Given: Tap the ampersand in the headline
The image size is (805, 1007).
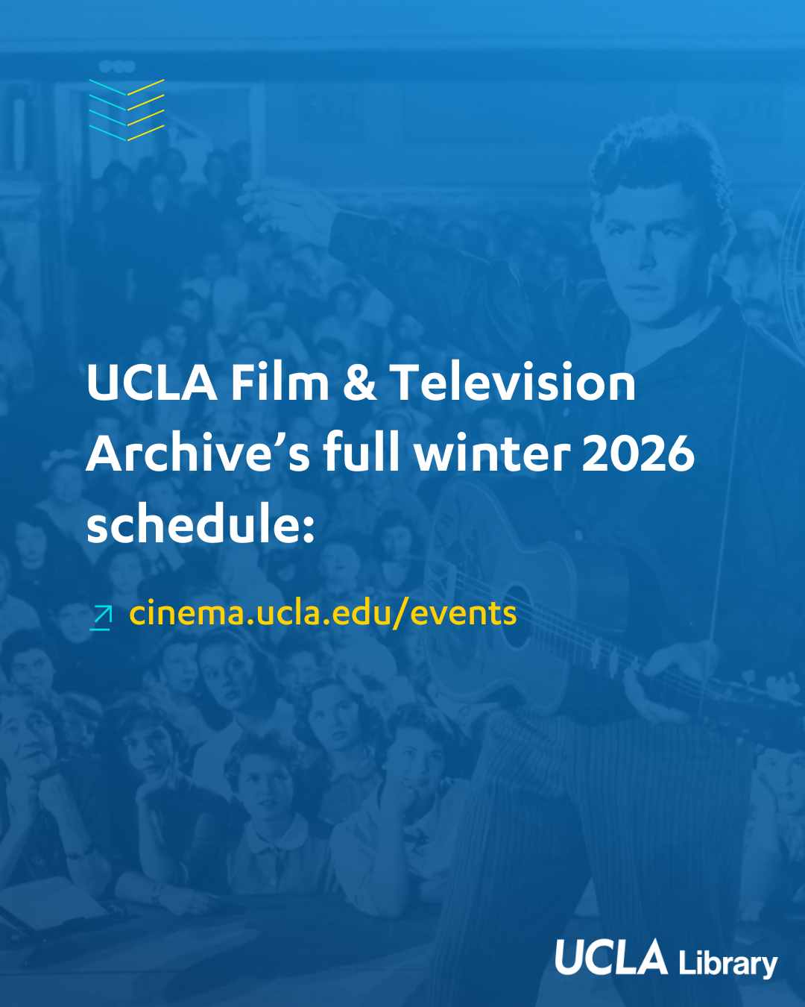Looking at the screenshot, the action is [x=359, y=382].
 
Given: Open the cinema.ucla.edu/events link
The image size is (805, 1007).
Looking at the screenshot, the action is [x=323, y=613].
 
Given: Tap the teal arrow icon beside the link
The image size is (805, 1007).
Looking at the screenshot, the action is [x=101, y=618].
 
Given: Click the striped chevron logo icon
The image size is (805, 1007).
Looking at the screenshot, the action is [x=127, y=110].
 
